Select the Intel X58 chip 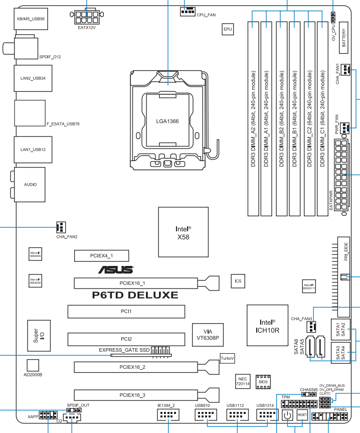[x=184, y=231]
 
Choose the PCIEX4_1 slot [x=102, y=256]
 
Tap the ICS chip [x=237, y=281]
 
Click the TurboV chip [x=227, y=358]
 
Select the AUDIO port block [x=30, y=184]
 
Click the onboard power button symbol [x=287, y=415]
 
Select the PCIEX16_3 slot [x=132, y=395]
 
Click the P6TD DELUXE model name [x=135, y=295]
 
